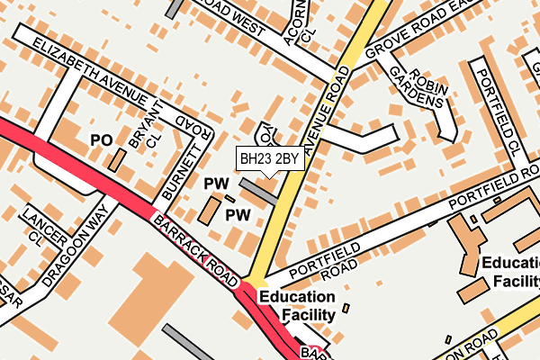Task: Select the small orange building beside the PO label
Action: click(117, 160)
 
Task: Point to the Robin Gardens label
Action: click(422, 85)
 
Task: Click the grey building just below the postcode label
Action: click(259, 191)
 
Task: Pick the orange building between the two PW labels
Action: click(211, 211)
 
